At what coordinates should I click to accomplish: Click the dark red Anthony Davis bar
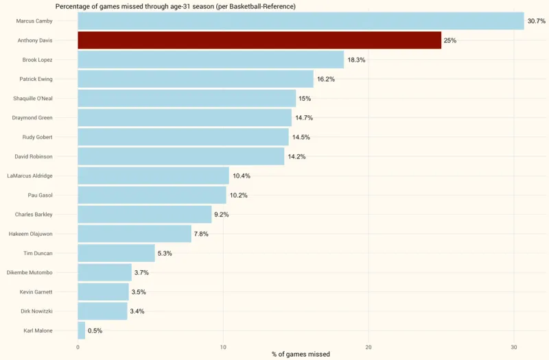tap(259, 40)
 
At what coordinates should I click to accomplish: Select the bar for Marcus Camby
tap(301, 21)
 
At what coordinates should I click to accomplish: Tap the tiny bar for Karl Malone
tap(81, 331)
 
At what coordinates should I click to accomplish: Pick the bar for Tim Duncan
tap(116, 253)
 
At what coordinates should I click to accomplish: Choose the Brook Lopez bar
tap(211, 60)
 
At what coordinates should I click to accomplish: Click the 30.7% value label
tap(536, 21)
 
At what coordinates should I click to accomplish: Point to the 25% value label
tap(450, 40)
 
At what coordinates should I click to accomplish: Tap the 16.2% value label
tap(325, 80)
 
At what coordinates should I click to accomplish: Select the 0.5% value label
tap(95, 331)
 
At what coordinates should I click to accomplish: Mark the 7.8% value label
tap(201, 234)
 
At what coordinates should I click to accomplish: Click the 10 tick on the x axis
tap(223, 346)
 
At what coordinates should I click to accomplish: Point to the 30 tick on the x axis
tap(514, 346)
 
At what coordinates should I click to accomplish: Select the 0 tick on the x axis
tap(78, 346)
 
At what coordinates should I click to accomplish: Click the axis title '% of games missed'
tap(301, 355)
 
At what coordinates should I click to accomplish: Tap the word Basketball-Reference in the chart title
tap(255, 6)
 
